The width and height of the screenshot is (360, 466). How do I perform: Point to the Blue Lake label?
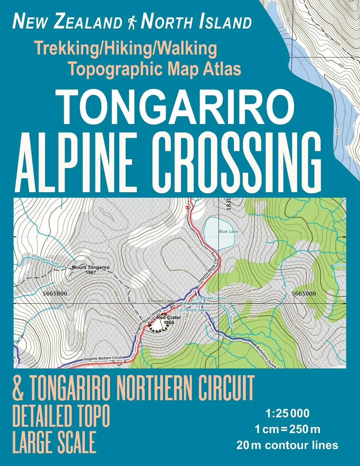pos(228,232)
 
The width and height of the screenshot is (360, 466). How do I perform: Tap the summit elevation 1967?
pos(90,272)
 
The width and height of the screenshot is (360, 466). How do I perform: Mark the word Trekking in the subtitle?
pos(62,49)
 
